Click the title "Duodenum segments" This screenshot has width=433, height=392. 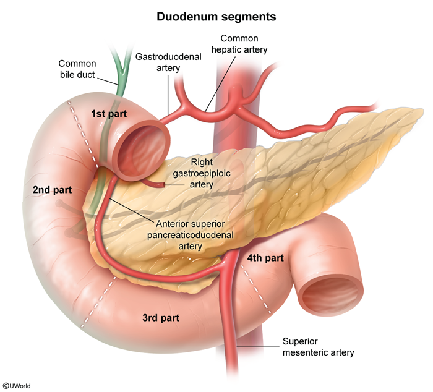coord(216,17)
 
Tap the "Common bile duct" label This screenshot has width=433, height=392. coord(77,69)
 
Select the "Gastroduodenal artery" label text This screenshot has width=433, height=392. coord(168,62)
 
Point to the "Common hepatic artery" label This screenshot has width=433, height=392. coord(239,44)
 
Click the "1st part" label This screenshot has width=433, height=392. coord(109,114)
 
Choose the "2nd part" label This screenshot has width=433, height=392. coord(52,190)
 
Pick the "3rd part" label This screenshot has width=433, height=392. coord(161,318)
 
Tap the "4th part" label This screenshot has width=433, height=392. coord(265,258)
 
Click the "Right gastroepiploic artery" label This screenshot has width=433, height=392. coord(202,173)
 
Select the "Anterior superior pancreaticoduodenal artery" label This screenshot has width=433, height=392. coord(191,235)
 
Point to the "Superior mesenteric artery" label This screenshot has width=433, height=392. coord(318,347)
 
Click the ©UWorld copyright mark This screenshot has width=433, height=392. coord(17,386)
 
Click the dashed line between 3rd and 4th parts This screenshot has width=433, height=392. coord(256,289)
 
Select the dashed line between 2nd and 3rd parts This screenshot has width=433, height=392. coord(99,302)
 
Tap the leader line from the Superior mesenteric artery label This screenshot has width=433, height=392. coord(258,347)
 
